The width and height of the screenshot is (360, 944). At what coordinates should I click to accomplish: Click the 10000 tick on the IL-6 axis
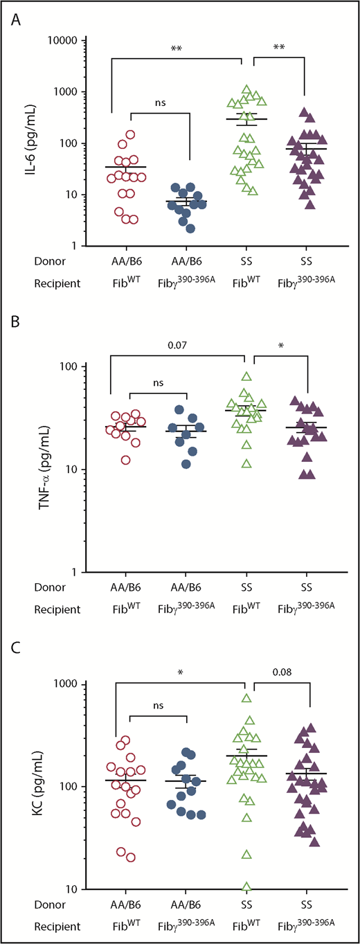57,41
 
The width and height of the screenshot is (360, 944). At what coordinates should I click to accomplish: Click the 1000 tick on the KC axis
63,684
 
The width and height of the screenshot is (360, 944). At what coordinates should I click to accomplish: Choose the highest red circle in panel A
129,135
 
